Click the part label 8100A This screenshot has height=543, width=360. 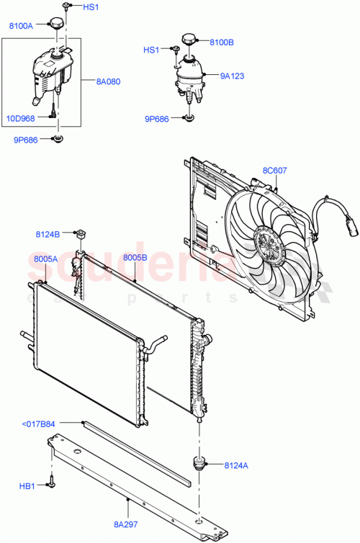pyautogui.click(x=21, y=26)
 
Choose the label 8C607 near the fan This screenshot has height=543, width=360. pyautogui.click(x=274, y=171)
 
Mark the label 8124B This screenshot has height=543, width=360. pyautogui.click(x=48, y=233)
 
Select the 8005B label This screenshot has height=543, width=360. pyautogui.click(x=135, y=257)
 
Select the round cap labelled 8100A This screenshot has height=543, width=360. pyautogui.click(x=57, y=25)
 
